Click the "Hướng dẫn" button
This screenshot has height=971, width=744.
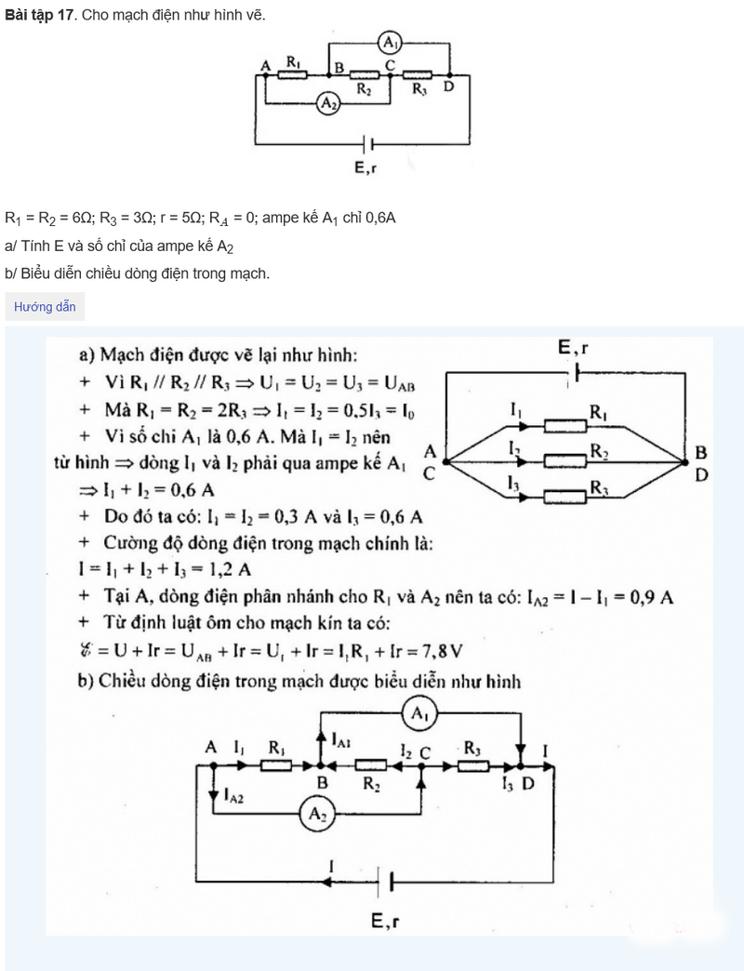[x=45, y=307]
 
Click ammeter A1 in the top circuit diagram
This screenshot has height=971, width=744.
[x=391, y=43]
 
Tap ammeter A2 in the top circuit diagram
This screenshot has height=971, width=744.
[x=328, y=104]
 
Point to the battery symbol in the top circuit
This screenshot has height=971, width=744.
[x=370, y=144]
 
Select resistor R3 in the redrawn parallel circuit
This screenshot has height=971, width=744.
[x=565, y=495]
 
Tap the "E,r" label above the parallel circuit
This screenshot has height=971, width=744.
[x=574, y=348]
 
